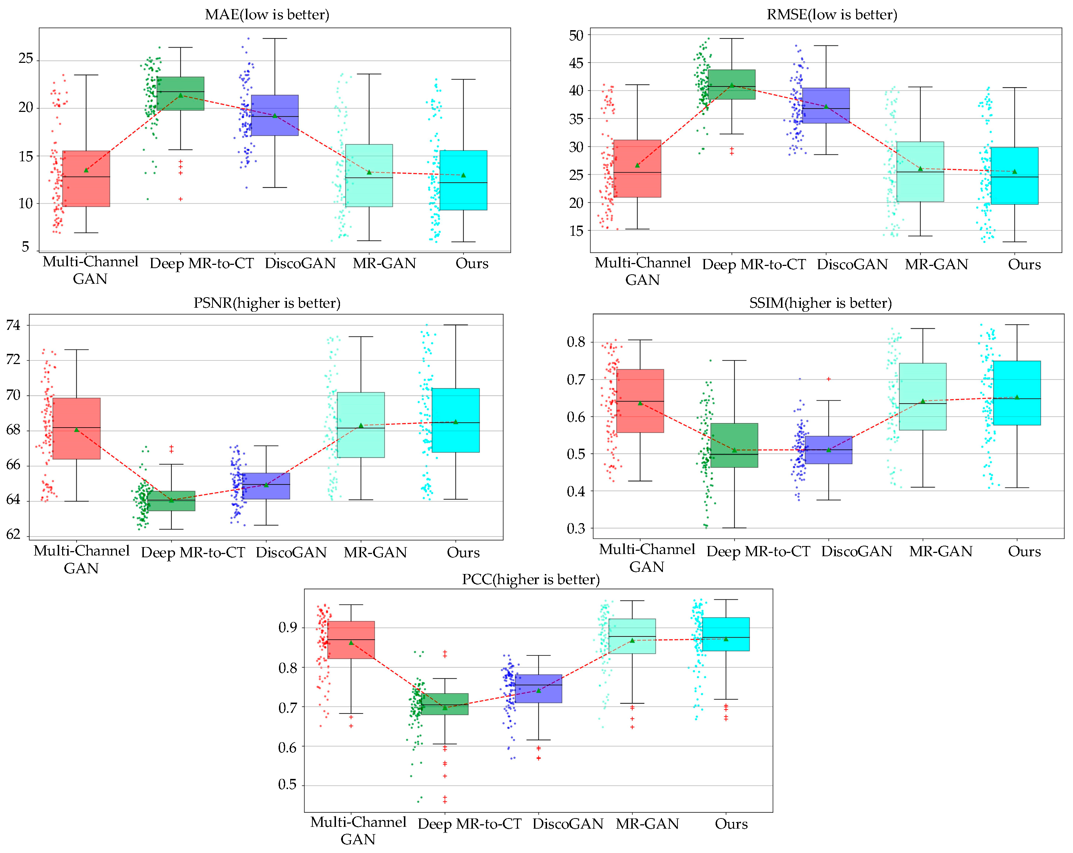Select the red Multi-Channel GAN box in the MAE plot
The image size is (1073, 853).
click(x=86, y=179)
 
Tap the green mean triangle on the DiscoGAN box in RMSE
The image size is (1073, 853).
click(x=826, y=106)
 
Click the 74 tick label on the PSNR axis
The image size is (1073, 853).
click(x=13, y=325)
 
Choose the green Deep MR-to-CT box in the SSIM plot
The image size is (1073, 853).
click(x=734, y=445)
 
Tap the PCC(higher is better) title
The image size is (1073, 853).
click(x=531, y=579)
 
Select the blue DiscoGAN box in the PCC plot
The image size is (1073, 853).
click(x=538, y=689)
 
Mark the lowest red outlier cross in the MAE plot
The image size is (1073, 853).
click(x=181, y=199)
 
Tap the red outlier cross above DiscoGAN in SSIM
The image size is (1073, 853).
click(x=829, y=379)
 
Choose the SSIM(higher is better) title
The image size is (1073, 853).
click(x=820, y=303)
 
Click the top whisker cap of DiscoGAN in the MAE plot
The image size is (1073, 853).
click(x=275, y=38)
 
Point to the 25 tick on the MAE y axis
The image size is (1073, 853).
click(x=26, y=59)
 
